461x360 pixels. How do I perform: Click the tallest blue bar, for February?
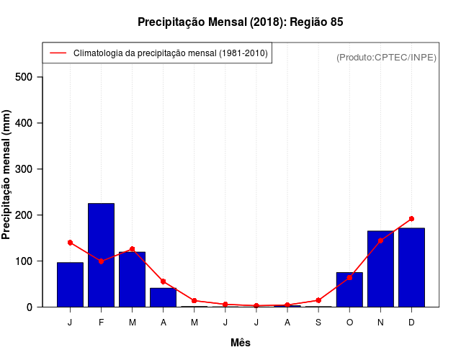101,255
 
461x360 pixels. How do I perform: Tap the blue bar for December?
411,267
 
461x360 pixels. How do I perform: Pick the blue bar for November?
380,269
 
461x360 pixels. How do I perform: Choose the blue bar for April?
163,297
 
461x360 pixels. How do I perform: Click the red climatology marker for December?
411,219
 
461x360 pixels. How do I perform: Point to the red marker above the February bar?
101,261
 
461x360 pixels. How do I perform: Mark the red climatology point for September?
318,300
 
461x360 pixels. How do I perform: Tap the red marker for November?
380,240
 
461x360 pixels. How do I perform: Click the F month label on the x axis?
101,323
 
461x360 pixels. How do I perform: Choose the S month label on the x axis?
318,323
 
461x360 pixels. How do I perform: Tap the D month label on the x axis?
411,323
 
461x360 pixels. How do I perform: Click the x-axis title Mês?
241,343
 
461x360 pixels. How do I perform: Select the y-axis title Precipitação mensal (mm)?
7,175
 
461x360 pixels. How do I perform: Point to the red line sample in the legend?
58,53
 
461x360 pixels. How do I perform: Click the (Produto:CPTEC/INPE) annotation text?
386,57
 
